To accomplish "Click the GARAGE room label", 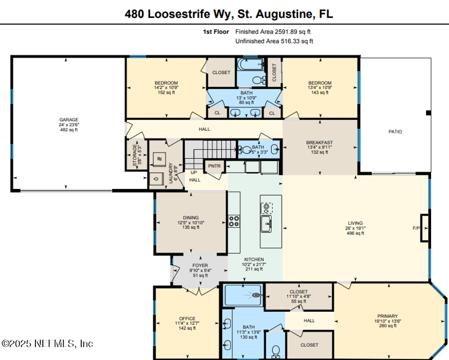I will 69,119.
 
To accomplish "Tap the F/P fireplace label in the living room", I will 416,228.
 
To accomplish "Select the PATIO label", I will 395,132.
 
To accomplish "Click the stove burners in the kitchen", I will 233,220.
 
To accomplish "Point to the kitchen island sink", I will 266,224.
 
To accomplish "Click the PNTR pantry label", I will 213,167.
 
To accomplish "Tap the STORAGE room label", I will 134,155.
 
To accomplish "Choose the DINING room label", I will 191,218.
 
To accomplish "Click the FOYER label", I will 200,265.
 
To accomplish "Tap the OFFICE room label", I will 187,319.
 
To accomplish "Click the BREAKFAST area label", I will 319,142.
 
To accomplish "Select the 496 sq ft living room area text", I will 355,233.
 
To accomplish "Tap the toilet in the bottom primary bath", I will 276,351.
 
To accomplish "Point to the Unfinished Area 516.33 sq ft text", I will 274,41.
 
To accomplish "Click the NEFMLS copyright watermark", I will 47,343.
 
